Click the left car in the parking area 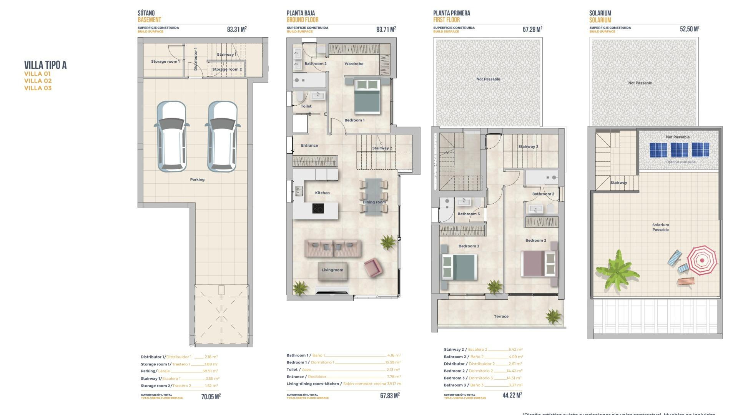pyautogui.click(x=171, y=136)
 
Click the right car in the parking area pyautogui.click(x=222, y=136)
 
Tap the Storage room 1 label pyautogui.click(x=165, y=61)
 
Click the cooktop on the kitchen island pyautogui.click(x=318, y=209)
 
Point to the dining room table pyautogui.click(x=374, y=196)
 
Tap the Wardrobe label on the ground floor pyautogui.click(x=354, y=64)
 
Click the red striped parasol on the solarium pyautogui.click(x=702, y=260)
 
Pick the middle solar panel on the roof pyautogui.click(x=679, y=150)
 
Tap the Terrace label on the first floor pyautogui.click(x=501, y=317)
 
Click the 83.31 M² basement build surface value pyautogui.click(x=236, y=29)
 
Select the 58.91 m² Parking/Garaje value pyautogui.click(x=210, y=371)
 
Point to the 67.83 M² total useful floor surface pyautogui.click(x=389, y=395)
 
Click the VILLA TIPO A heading pyautogui.click(x=45, y=65)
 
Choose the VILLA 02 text pyautogui.click(x=38, y=81)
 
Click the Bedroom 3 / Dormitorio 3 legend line pyautogui.click(x=483, y=378)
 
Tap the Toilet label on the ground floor pyautogui.click(x=306, y=106)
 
